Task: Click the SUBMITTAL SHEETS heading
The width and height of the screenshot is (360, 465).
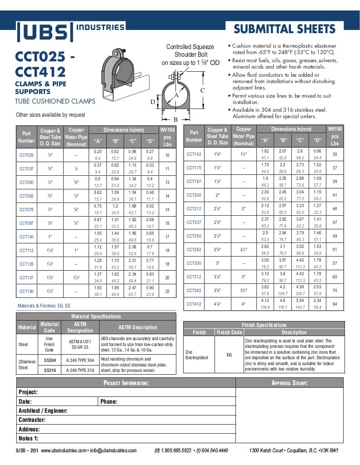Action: click(x=285, y=30)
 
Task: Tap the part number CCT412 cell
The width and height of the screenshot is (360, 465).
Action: click(x=194, y=304)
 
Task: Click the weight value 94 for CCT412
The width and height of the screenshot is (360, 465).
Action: click(x=335, y=304)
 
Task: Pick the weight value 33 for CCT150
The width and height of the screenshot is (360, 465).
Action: click(x=167, y=291)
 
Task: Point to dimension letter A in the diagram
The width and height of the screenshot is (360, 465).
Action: click(x=176, y=96)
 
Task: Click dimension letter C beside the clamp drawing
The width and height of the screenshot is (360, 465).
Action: click(x=203, y=90)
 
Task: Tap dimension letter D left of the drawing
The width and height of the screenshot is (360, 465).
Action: click(x=153, y=102)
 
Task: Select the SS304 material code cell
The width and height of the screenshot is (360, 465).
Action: click(x=50, y=360)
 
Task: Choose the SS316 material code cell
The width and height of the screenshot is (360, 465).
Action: click(x=50, y=370)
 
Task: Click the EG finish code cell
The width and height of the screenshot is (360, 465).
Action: click(x=229, y=354)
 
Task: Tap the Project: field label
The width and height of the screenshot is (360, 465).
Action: click(x=28, y=392)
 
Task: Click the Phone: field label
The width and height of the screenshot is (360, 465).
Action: click(x=109, y=401)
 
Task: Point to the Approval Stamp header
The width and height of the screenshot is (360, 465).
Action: click(x=290, y=383)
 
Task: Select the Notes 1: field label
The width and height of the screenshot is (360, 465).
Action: click(x=29, y=438)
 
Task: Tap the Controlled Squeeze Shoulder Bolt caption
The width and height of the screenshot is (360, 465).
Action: click(x=190, y=54)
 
